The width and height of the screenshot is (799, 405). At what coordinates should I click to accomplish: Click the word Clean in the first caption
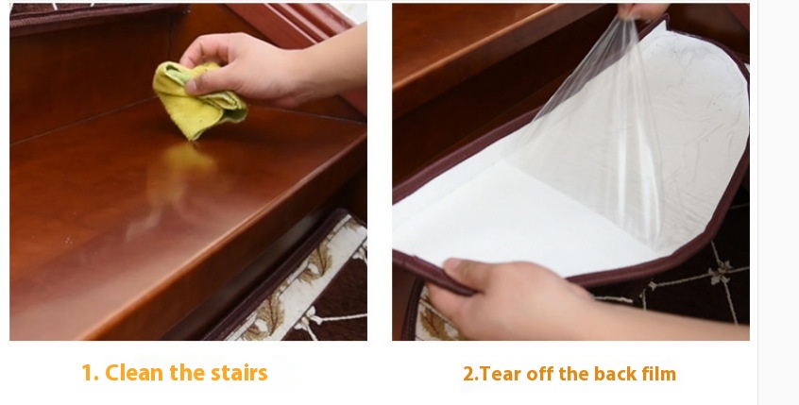(134, 373)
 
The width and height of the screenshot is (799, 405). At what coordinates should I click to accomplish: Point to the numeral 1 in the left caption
(89, 373)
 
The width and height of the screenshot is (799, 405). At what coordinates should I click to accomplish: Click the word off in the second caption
(539, 374)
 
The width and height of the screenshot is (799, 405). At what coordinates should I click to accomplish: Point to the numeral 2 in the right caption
(468, 374)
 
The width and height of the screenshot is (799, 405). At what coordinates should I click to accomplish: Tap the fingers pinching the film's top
(642, 11)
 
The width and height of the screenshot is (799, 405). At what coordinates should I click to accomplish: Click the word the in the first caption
(187, 373)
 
